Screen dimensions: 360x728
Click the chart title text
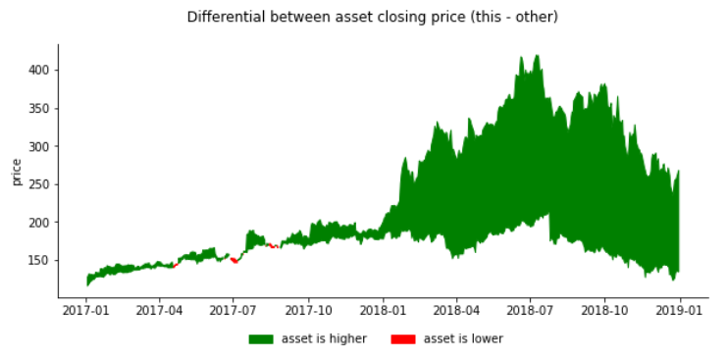372,17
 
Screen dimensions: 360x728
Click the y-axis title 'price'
17,172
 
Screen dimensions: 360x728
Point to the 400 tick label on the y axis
40,71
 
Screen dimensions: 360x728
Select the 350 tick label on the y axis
40,109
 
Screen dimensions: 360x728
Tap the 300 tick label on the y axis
40,147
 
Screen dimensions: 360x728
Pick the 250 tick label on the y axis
40,184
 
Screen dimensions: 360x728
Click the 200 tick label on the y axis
40,223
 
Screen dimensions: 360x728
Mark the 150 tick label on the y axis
40,261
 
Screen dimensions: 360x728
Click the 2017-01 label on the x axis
85,309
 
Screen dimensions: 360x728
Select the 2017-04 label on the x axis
159,309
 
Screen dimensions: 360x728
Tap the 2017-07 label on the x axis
234,309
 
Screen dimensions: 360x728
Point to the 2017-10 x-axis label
308,309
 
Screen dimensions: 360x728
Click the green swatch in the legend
261,339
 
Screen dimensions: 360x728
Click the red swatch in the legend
403,339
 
